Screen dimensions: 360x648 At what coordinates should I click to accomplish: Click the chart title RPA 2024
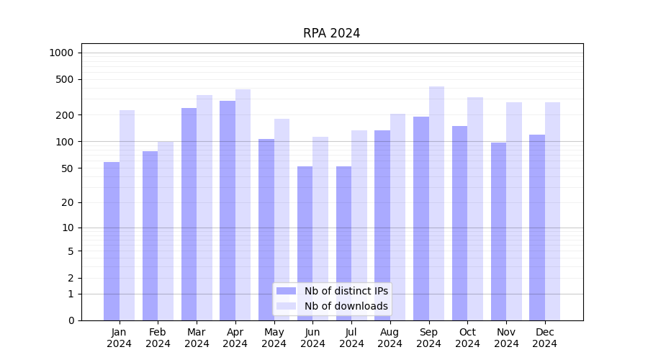(x=331, y=33)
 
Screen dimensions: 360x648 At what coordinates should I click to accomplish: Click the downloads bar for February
(x=166, y=230)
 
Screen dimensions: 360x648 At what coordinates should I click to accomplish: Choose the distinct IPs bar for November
(x=498, y=231)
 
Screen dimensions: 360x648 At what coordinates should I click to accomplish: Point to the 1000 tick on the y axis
(x=61, y=53)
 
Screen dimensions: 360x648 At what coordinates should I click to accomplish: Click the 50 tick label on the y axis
(x=66, y=168)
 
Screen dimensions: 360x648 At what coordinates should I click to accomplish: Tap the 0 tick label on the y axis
(x=71, y=320)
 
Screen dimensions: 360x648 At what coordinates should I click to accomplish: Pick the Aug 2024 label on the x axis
(x=390, y=338)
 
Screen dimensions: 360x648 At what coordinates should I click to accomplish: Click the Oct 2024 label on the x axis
(x=467, y=338)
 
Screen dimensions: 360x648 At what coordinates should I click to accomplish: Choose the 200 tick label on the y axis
(x=64, y=115)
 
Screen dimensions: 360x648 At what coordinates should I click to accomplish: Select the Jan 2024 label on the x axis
(x=120, y=338)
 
